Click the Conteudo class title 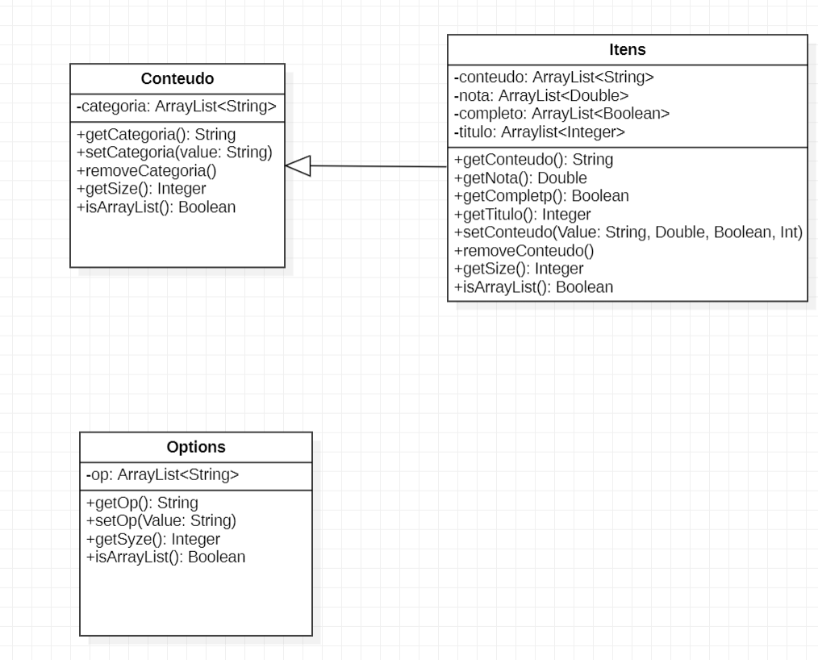177,78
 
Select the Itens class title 627,50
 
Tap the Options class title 196,447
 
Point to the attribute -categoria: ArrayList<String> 177,106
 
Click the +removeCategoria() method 147,171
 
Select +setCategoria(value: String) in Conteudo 174,152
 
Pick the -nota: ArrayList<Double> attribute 540,96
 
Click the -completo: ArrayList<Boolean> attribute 562,114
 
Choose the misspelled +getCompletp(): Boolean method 541,195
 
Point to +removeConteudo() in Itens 524,250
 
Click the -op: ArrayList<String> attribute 162,475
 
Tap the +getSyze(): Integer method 153,538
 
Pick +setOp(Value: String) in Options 161,520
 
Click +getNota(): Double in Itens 520,178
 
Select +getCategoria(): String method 156,135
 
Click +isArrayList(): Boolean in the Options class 165,557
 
